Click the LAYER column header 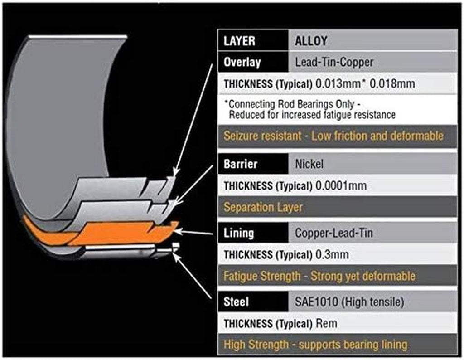(x=239, y=41)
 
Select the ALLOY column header (x=311, y=41)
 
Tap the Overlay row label (x=242, y=62)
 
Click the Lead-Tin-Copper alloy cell (x=334, y=62)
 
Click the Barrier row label (x=241, y=164)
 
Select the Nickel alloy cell (x=309, y=164)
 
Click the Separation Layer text (x=263, y=207)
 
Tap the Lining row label (x=239, y=233)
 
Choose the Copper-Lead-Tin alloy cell (x=334, y=233)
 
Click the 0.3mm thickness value (x=332, y=255)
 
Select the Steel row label (x=236, y=302)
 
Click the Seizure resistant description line (x=333, y=136)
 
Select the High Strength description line (x=315, y=345)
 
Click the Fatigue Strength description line (x=319, y=276)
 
